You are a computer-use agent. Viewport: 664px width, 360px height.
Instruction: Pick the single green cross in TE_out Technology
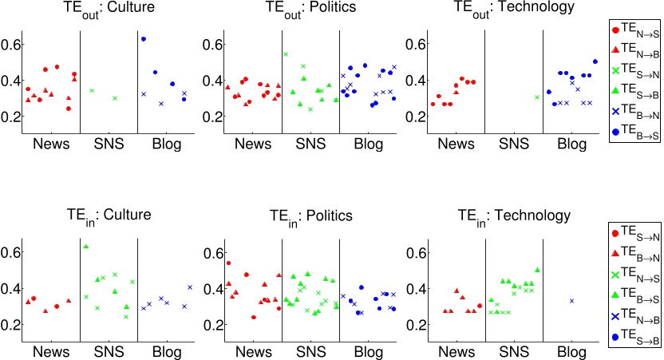(537, 97)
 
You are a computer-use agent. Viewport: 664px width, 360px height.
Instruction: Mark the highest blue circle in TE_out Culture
(144, 39)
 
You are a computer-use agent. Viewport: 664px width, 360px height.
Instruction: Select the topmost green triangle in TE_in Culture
(85, 246)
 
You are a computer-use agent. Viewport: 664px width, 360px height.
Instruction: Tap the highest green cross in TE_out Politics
(286, 54)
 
